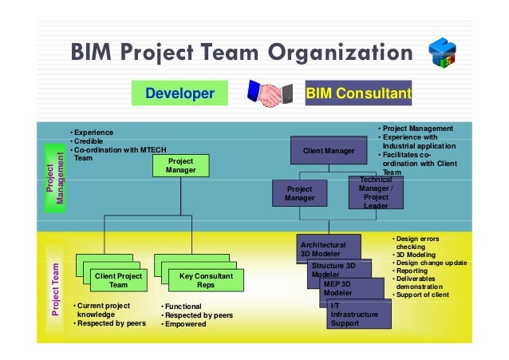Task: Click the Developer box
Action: click(x=180, y=95)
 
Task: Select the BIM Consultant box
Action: click(x=358, y=95)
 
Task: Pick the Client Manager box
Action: click(x=328, y=150)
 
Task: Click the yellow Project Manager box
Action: click(x=180, y=165)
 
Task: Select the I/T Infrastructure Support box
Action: click(x=359, y=315)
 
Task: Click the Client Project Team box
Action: click(x=118, y=280)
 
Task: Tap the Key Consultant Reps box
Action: click(x=206, y=280)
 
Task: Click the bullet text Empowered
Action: click(x=185, y=324)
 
